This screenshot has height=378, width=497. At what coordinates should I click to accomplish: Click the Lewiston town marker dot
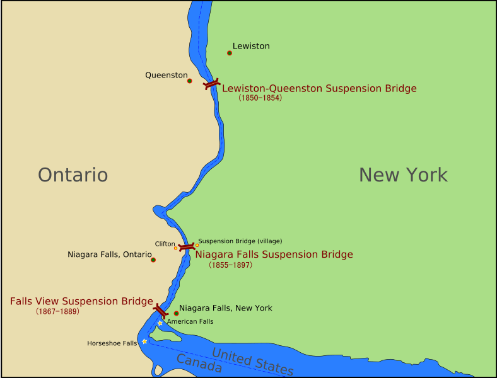[230, 53]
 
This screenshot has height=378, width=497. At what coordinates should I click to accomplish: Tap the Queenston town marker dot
[189, 81]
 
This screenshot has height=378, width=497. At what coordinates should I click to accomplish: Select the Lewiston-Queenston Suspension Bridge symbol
[211, 84]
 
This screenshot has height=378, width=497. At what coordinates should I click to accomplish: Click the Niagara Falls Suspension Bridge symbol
[186, 248]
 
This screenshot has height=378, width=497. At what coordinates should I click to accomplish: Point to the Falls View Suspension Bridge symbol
[160, 311]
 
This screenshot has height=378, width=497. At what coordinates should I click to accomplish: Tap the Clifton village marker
[176, 248]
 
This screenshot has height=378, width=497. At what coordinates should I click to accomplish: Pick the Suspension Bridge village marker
[197, 245]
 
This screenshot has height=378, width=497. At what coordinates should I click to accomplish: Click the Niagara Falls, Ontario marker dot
[153, 260]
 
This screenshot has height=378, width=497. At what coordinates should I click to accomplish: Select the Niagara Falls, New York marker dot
[177, 313]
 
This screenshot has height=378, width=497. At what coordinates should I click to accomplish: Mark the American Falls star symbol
[160, 323]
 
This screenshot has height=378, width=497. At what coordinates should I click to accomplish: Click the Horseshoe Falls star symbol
[144, 341]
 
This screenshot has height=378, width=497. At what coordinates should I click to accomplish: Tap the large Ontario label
[73, 175]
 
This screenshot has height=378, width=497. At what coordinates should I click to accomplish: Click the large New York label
[403, 175]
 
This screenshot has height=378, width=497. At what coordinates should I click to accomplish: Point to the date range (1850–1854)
[260, 98]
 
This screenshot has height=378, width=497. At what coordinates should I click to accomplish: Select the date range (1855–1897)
[230, 265]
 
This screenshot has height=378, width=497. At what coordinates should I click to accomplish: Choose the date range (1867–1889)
[57, 311]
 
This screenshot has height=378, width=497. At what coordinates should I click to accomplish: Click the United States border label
[252, 361]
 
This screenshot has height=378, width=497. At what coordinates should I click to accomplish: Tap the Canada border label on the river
[199, 364]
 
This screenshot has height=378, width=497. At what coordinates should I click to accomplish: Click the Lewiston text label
[251, 46]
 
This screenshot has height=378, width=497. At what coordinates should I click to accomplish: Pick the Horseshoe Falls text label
[112, 343]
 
